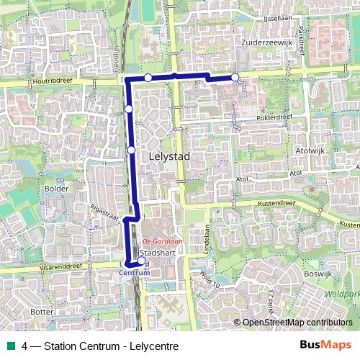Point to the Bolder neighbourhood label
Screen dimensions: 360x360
click(x=55, y=189)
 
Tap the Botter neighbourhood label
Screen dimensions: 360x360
click(x=43, y=311)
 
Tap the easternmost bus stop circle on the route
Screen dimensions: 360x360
click(x=235, y=77)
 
